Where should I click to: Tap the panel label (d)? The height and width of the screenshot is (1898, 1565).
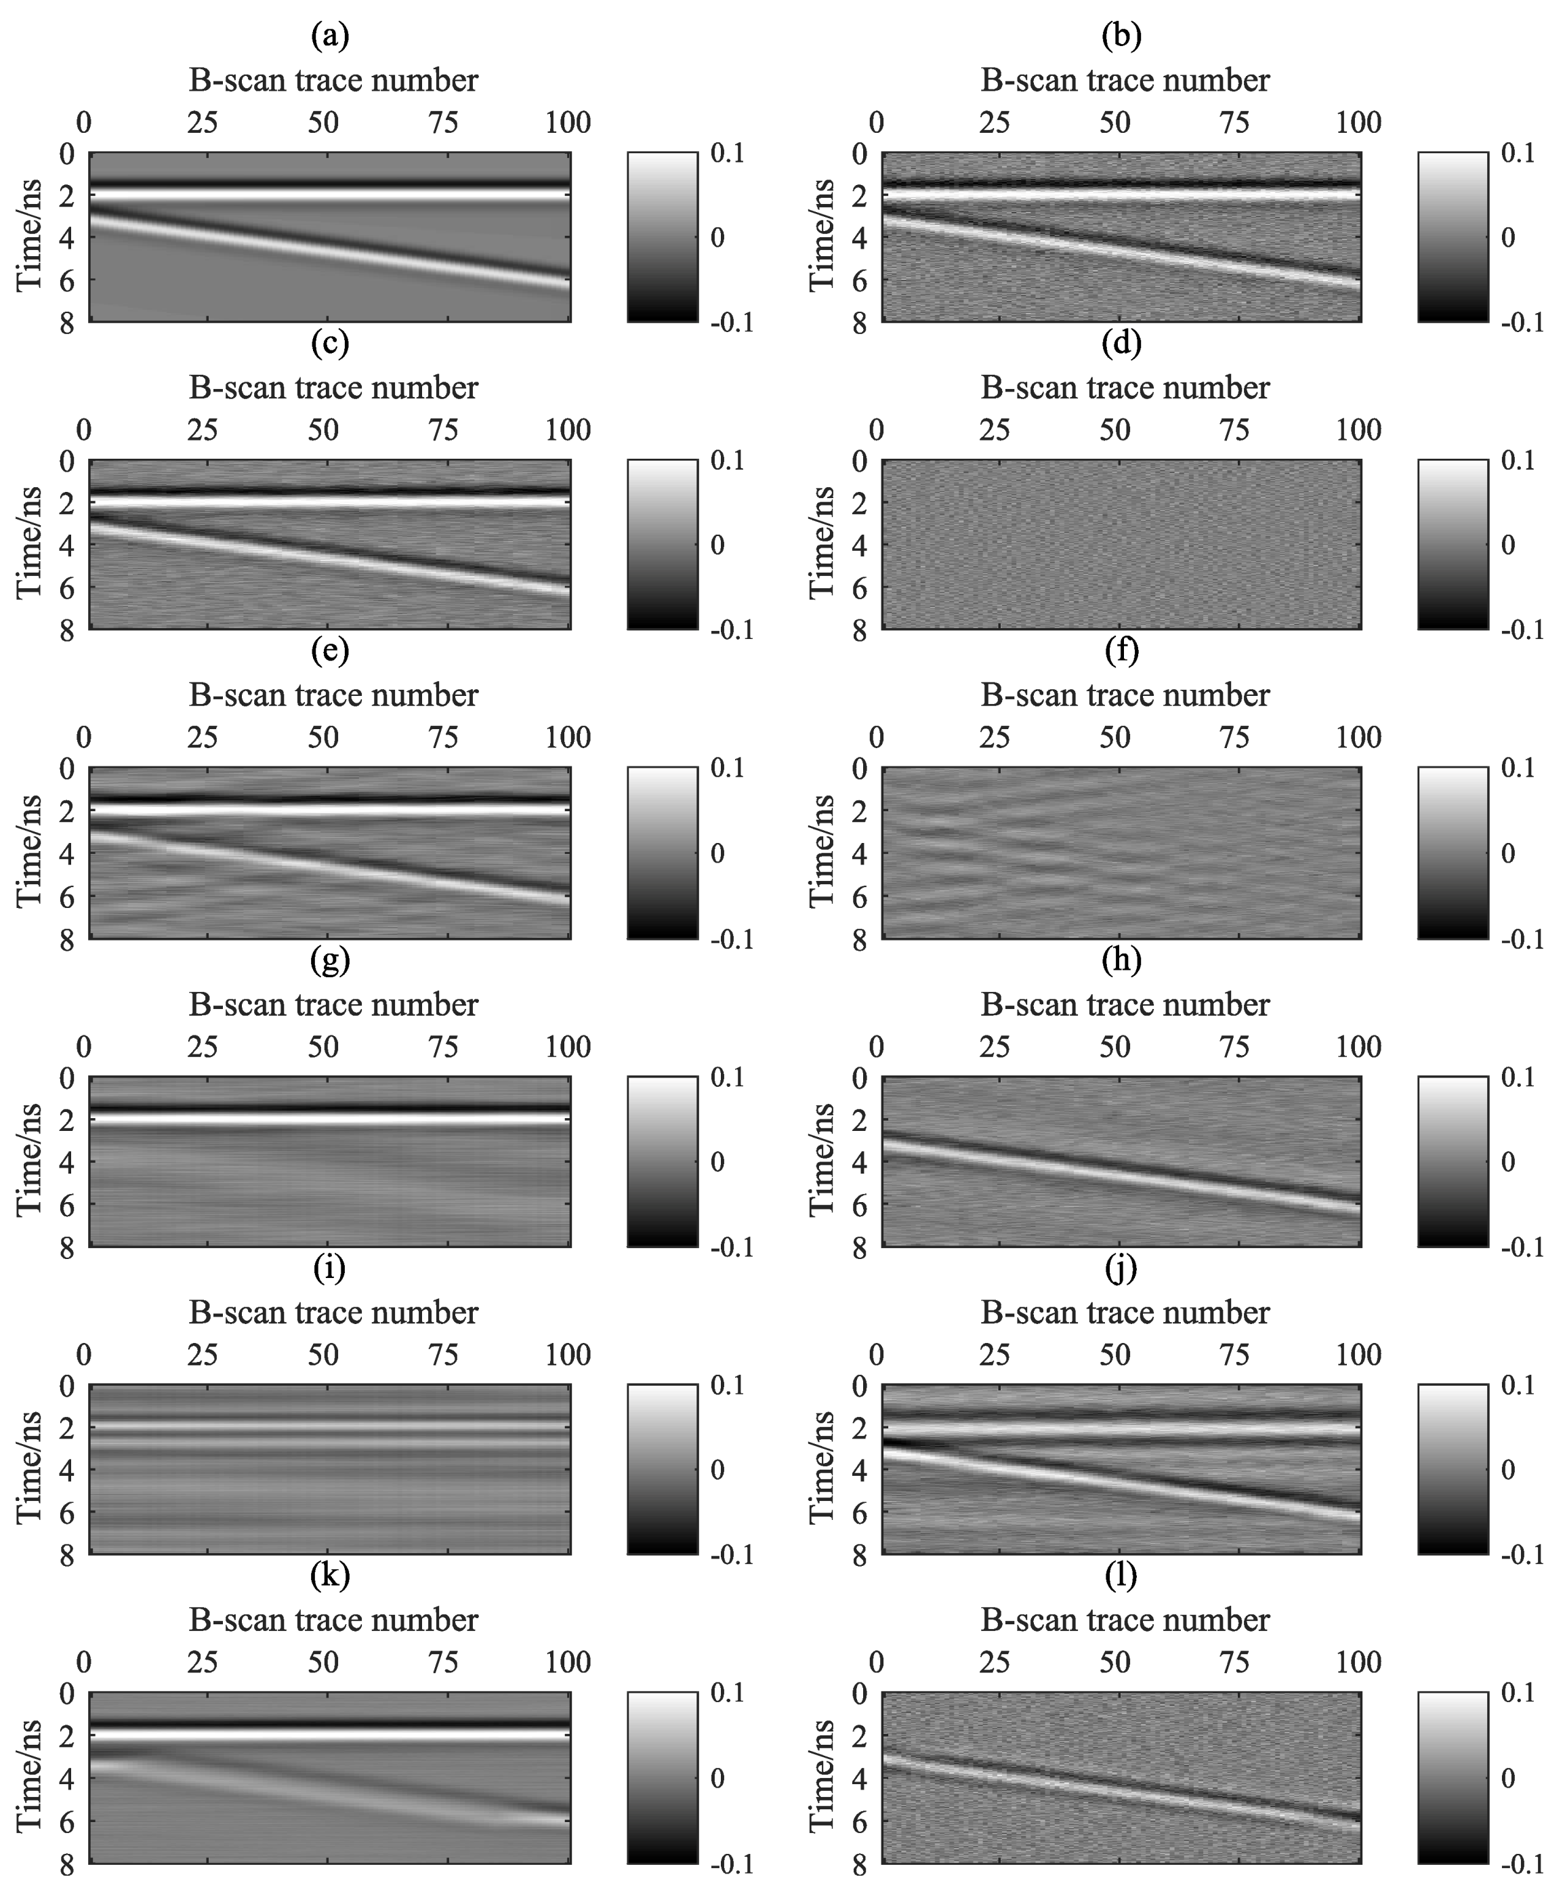[1121, 344]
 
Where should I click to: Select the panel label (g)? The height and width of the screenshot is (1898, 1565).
[329, 960]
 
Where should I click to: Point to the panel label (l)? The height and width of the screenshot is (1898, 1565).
[1121, 1576]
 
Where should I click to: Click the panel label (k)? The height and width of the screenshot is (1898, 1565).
[329, 1576]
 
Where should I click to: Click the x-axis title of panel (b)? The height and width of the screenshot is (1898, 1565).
[1124, 80]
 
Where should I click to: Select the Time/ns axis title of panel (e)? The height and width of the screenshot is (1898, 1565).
[30, 851]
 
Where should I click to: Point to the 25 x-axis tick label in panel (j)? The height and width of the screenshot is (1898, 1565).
[995, 1355]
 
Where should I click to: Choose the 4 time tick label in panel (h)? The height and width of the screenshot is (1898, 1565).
[859, 1161]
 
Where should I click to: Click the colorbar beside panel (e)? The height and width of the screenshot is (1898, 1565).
[662, 852]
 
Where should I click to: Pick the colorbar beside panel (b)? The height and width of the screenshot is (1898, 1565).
[1453, 236]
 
